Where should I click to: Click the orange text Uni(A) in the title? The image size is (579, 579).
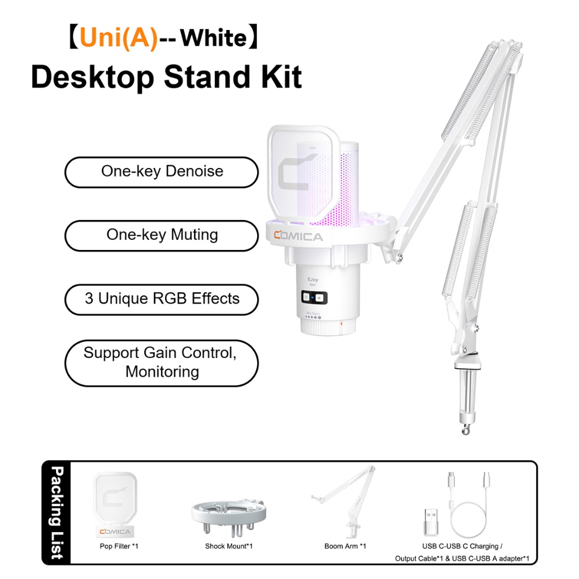pyautogui.click(x=119, y=38)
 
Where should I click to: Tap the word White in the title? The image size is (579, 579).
pyautogui.click(x=213, y=38)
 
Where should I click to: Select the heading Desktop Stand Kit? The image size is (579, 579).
pyautogui.click(x=167, y=77)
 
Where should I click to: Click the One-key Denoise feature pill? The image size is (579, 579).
pyautogui.click(x=161, y=172)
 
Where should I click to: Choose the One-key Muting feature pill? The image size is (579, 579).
pyautogui.click(x=161, y=236)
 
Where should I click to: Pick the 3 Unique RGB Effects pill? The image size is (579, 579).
pyautogui.click(x=161, y=300)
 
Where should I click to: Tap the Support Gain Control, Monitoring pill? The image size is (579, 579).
pyautogui.click(x=161, y=363)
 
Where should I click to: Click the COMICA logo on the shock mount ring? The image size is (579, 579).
pyautogui.click(x=299, y=236)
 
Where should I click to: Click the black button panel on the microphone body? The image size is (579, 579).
pyautogui.click(x=314, y=297)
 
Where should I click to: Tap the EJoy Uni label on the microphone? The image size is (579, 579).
pyautogui.click(x=312, y=282)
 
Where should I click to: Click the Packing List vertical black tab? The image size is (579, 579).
pyautogui.click(x=56, y=512)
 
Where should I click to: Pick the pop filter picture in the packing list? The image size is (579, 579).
pyautogui.click(x=115, y=504)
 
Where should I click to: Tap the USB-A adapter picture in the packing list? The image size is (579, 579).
pyautogui.click(x=430, y=522)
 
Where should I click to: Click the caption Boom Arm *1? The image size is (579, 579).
pyautogui.click(x=345, y=546)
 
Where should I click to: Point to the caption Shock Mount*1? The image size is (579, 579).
pyautogui.click(x=229, y=546)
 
